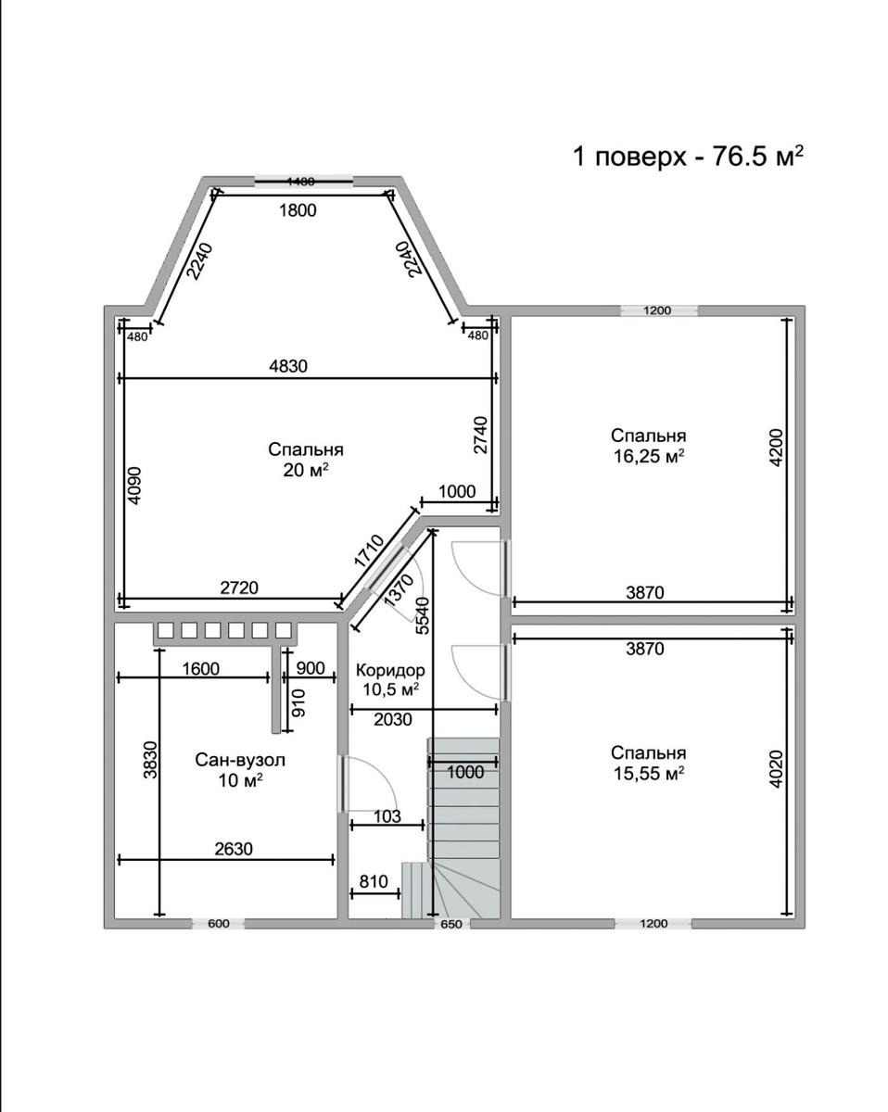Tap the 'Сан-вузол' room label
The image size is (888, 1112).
240,760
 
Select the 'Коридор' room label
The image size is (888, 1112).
390,670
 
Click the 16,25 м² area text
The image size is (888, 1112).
649,456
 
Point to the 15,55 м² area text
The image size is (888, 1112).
649,774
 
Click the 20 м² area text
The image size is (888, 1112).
306,470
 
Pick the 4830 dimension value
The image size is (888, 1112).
288,366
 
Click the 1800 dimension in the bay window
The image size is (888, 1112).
298,210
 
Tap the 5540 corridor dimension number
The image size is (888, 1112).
423,615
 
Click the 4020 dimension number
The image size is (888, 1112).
777,769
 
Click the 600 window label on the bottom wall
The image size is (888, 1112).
219,923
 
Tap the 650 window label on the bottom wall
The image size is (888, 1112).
451,924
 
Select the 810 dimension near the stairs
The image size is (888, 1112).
374,881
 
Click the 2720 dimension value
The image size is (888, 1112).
239,588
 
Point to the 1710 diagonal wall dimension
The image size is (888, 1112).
369,551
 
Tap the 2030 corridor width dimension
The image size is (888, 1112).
393,719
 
